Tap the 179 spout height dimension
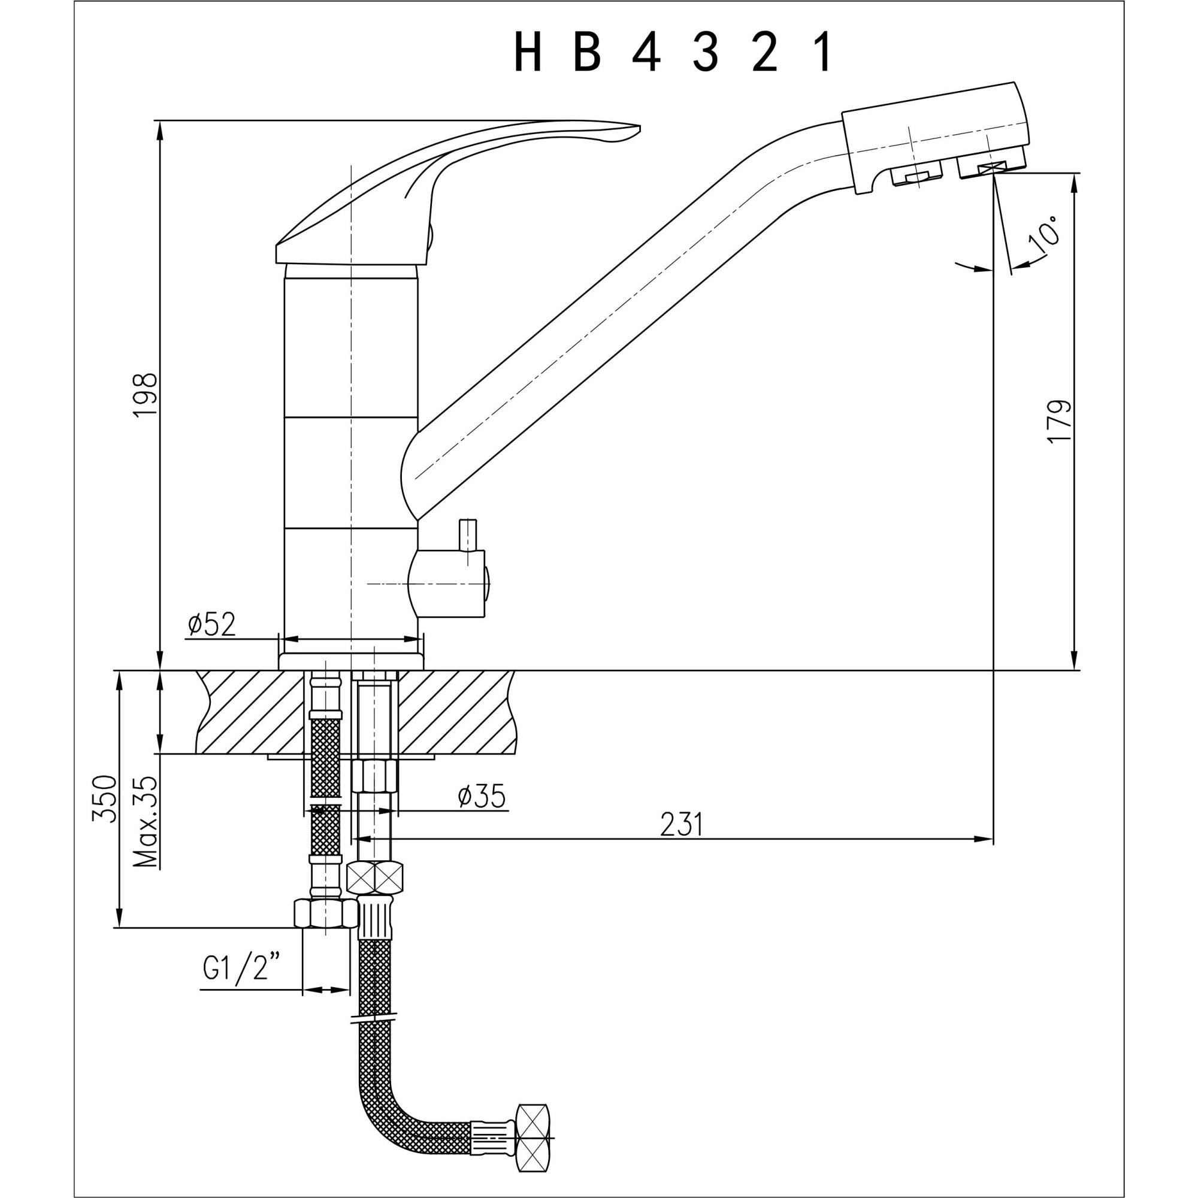click(1059, 422)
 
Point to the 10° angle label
click(1043, 236)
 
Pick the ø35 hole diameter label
click(482, 796)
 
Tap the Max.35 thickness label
click(146, 822)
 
